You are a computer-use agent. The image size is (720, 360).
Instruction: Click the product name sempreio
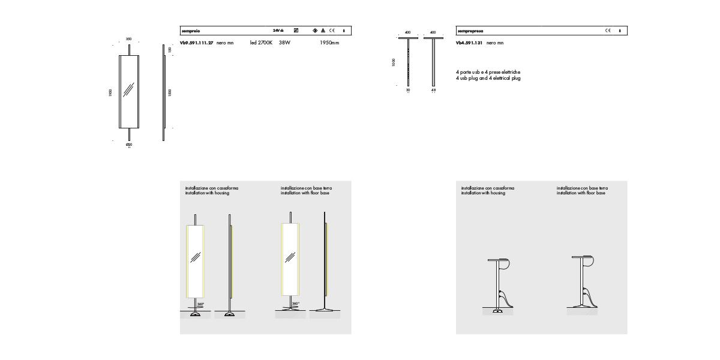tap(191, 31)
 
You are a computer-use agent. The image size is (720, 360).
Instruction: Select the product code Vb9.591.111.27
tap(197, 43)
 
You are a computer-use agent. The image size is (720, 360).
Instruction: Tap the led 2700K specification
tap(261, 43)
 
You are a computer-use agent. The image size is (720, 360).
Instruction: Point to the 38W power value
tap(284, 43)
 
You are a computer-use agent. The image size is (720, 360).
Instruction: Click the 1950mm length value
tap(329, 43)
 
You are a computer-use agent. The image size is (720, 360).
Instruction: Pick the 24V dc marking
tap(278, 31)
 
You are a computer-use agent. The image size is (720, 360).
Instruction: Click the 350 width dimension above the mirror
tap(129, 39)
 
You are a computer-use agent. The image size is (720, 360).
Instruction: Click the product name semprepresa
tap(470, 31)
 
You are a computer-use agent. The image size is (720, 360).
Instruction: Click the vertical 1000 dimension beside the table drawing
tap(394, 62)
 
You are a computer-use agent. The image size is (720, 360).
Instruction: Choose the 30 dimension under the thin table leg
tap(409, 91)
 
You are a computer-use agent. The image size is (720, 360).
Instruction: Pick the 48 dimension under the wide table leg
tap(433, 91)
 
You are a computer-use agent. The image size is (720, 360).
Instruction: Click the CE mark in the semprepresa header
tap(608, 31)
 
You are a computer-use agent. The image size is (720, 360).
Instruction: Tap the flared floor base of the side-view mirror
tap(325, 310)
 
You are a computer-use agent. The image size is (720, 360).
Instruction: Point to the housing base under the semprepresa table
tap(497, 311)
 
